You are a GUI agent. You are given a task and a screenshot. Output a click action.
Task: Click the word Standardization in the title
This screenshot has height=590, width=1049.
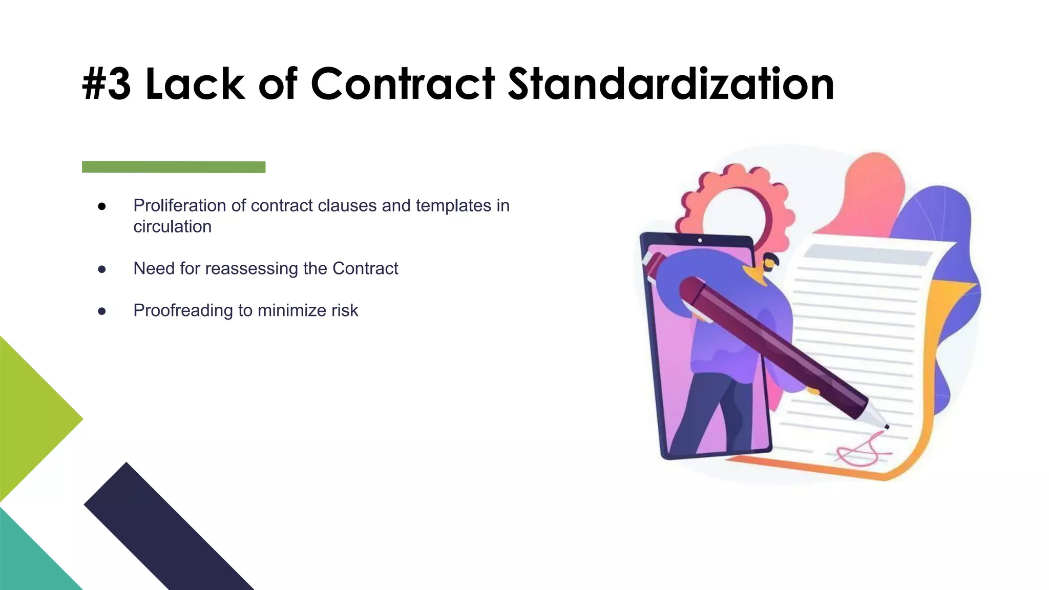(x=671, y=84)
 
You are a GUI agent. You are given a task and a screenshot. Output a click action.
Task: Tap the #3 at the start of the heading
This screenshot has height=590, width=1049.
(x=107, y=84)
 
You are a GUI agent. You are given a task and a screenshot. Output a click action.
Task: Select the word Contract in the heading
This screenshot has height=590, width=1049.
(x=403, y=84)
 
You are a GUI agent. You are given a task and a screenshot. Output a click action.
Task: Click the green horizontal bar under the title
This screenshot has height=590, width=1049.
(x=174, y=167)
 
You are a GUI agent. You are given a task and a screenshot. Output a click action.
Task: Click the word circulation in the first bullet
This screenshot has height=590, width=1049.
(x=172, y=226)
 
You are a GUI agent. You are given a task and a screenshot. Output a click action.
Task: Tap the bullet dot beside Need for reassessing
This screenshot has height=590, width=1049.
(x=102, y=269)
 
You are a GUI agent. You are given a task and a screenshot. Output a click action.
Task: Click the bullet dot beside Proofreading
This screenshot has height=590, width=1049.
(x=102, y=311)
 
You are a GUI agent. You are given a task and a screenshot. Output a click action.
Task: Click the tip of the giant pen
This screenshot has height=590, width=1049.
(x=886, y=426)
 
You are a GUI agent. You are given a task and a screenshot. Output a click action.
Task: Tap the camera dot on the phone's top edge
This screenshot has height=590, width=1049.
(x=700, y=240)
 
